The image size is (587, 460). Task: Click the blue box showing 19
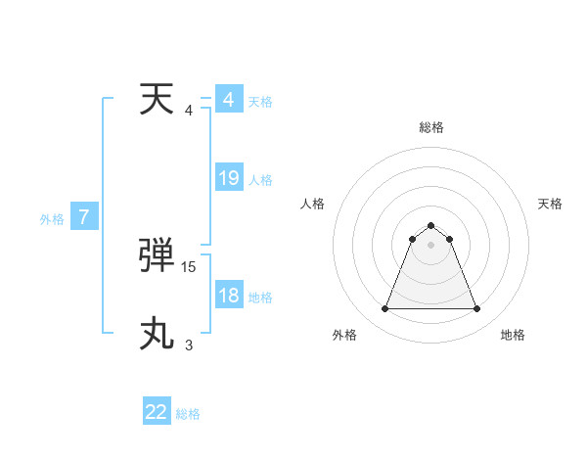tap(229, 178)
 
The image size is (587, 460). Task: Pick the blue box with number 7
tap(84, 217)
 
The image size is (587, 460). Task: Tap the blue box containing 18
tap(229, 295)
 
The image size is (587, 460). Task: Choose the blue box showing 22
tap(157, 412)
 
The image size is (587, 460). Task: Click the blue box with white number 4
tap(229, 100)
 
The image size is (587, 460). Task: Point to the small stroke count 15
tap(189, 266)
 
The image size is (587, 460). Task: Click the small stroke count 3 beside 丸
tap(189, 345)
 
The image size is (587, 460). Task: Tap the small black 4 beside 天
tap(189, 110)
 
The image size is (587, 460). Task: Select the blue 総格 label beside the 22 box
tap(188, 414)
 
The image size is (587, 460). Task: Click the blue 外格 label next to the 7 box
tap(52, 219)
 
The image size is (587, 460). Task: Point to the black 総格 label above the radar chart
tap(431, 127)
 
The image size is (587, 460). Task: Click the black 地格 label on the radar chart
tap(513, 335)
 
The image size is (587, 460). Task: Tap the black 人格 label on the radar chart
tap(313, 204)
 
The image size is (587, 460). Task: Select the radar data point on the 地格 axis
tap(477, 309)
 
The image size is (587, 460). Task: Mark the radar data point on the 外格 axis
tap(384, 309)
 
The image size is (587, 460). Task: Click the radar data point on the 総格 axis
tap(431, 221)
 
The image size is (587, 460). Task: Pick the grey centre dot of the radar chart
tap(431, 245)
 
